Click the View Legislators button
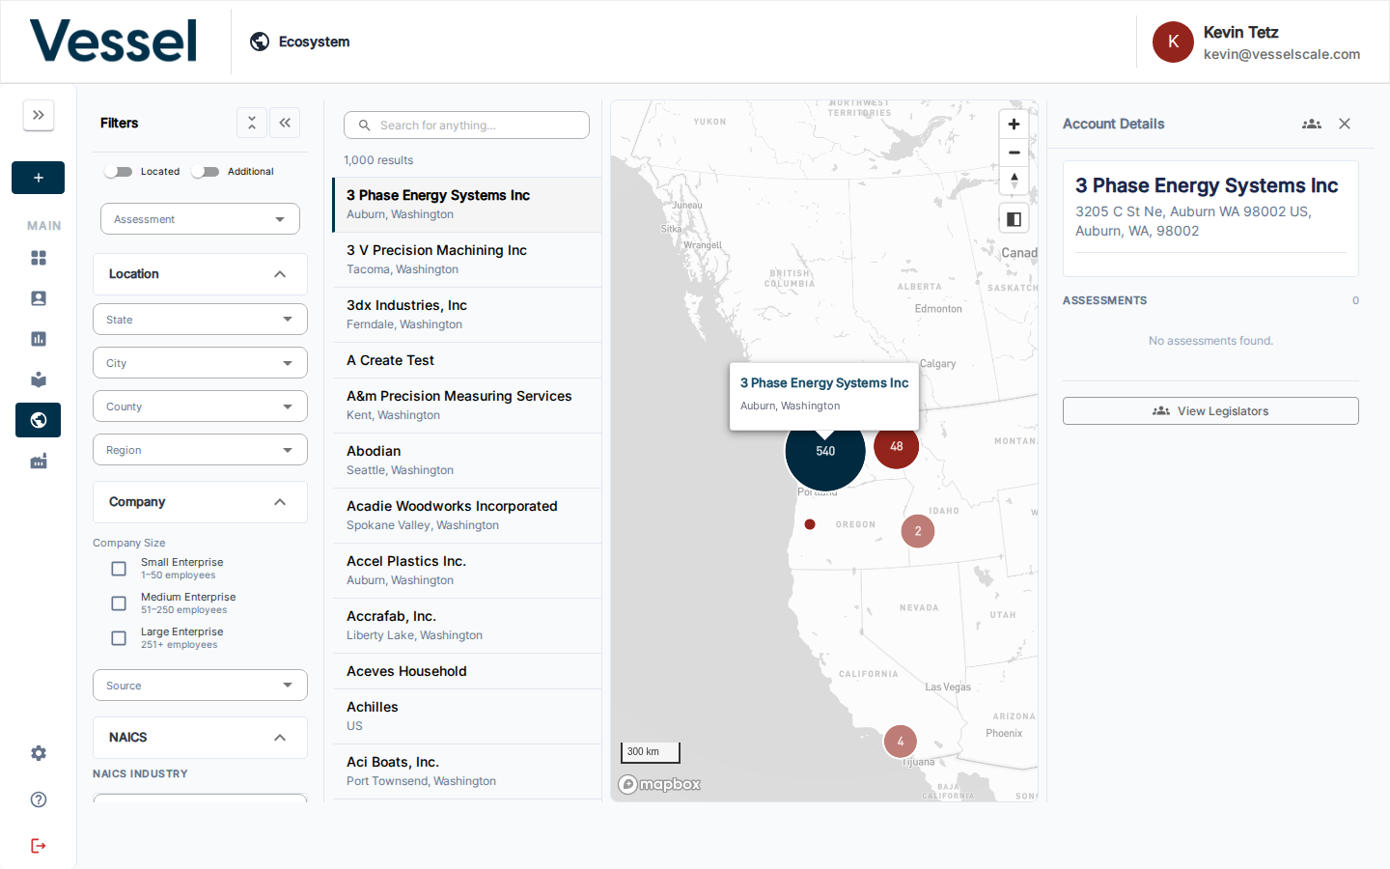click(1210, 411)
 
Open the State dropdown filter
click(200, 319)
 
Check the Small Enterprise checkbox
click(119, 569)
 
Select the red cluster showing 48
click(896, 446)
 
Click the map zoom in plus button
click(1014, 125)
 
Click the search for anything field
click(466, 126)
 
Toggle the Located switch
click(119, 171)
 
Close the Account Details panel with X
click(1344, 124)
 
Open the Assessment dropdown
click(200, 218)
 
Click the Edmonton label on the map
click(938, 309)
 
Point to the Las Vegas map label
click(948, 687)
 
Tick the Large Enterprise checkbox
click(119, 638)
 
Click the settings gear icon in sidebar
click(39, 753)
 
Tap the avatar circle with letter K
click(1173, 42)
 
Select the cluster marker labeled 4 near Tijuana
click(900, 742)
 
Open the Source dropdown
click(200, 685)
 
